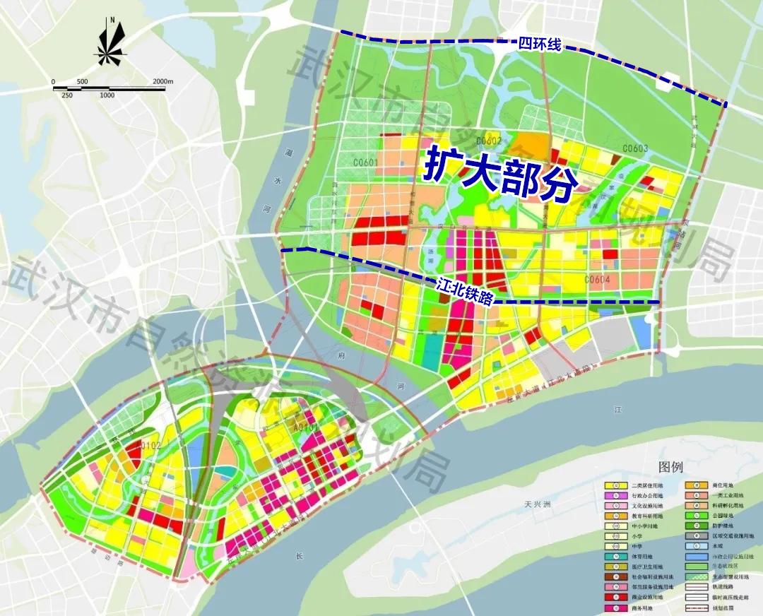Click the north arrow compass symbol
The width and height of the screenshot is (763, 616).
click(x=111, y=45)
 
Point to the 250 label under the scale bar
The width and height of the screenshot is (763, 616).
click(x=67, y=95)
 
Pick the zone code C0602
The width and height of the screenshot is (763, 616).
click(x=488, y=141)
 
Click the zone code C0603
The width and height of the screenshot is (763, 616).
click(x=635, y=148)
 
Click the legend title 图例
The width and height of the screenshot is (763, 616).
click(x=670, y=468)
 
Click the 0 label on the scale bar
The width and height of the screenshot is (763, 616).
click(x=53, y=82)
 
